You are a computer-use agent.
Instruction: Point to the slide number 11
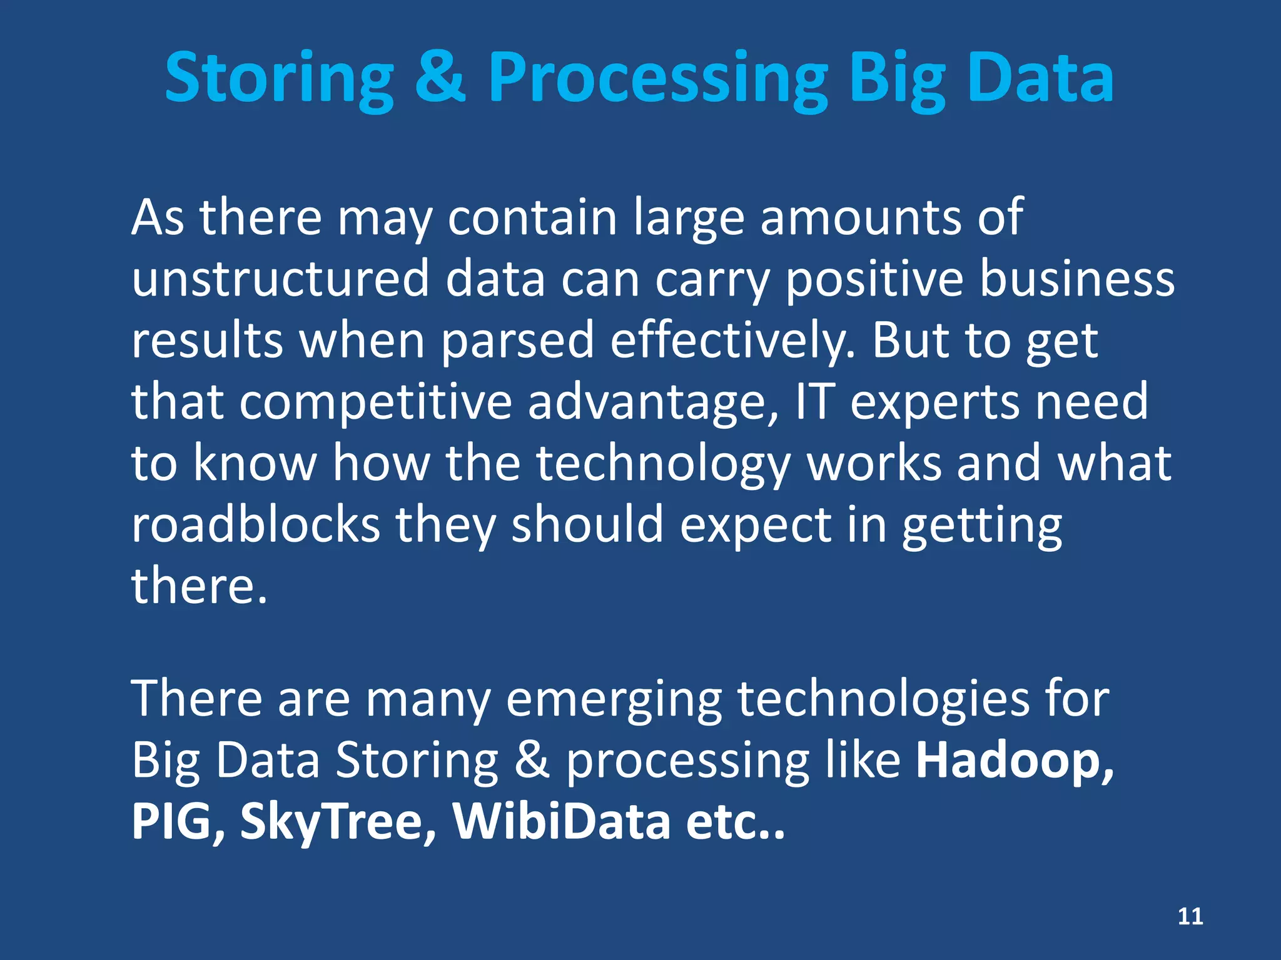(1190, 916)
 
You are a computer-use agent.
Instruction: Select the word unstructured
(280, 279)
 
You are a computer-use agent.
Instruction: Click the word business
(1077, 279)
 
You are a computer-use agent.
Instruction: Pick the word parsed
(517, 341)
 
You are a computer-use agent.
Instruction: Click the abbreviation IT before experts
(815, 401)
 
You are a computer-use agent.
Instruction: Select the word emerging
(614, 700)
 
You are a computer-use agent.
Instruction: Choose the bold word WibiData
(562, 821)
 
